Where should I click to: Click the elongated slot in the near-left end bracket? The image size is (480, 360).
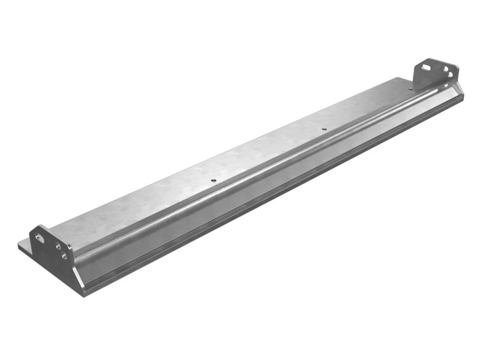tap(40, 239)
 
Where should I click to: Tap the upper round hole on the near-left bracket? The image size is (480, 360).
tap(58, 245)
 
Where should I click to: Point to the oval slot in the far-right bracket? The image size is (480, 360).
tap(427, 68)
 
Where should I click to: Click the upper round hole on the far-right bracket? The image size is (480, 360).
tap(446, 70)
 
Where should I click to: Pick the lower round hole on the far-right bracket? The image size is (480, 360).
tap(450, 75)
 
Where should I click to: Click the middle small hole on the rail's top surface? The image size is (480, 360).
tap(324, 128)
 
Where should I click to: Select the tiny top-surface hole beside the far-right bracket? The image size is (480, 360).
tap(410, 89)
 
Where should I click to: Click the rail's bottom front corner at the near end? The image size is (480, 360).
tap(85, 294)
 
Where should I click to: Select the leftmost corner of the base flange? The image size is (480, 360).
tap(19, 245)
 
